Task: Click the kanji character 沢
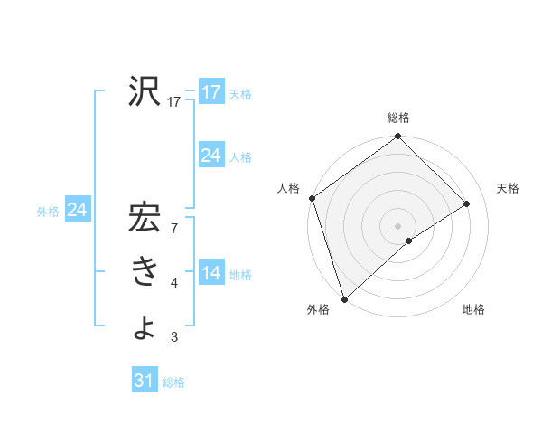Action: point(145,91)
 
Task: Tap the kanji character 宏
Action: point(145,222)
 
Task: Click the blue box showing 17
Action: point(210,92)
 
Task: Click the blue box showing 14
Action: point(210,274)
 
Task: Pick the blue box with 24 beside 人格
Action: point(210,156)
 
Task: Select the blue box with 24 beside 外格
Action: point(77,211)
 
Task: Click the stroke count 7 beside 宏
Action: point(174,229)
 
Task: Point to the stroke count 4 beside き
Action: point(174,283)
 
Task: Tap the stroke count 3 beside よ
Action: point(174,337)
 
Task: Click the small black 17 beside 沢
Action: point(174,102)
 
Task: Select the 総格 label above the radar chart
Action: point(398,118)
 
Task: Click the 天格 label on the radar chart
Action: point(508,188)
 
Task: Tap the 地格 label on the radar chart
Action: point(473,309)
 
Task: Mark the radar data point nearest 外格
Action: point(343,298)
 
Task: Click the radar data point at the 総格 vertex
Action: point(398,137)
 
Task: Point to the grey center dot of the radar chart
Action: point(397,225)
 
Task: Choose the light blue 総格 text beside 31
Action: point(173,382)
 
